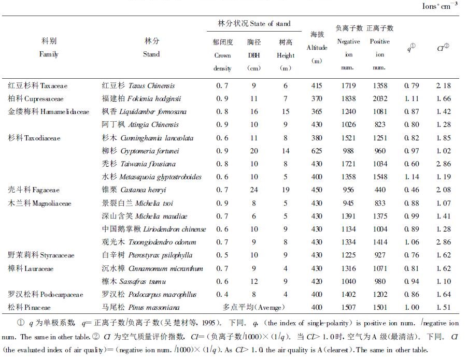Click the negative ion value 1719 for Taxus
tap(348, 85)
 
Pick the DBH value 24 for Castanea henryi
tap(254, 190)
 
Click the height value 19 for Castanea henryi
tap(285, 190)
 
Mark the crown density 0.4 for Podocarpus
tap(222, 294)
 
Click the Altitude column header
tap(317, 48)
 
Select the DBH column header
tap(254, 55)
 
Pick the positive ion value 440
tap(380, 190)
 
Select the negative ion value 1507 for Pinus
tap(348, 307)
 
